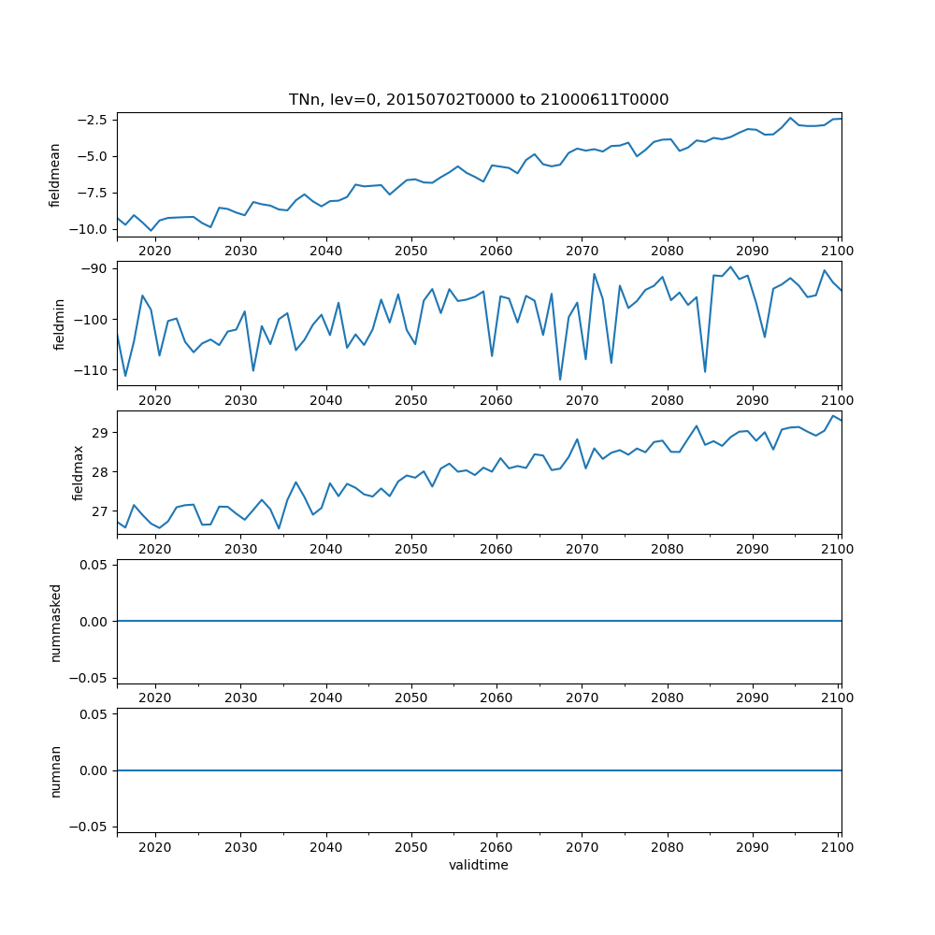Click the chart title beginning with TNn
pyautogui.click(x=479, y=100)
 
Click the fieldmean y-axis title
pyautogui.click(x=55, y=175)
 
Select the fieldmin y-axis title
pyautogui.click(x=59, y=324)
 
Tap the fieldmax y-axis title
pyautogui.click(x=79, y=472)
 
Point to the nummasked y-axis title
pyautogui.click(x=55, y=621)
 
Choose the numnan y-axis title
pyautogui.click(x=55, y=770)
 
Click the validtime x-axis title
pyautogui.click(x=479, y=865)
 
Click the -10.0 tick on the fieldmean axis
pyautogui.click(x=91, y=229)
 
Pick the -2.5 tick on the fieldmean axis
pyautogui.click(x=94, y=120)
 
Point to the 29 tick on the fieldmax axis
pyautogui.click(x=103, y=433)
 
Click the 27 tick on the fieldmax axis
pyautogui.click(x=103, y=511)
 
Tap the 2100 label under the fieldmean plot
pyautogui.click(x=838, y=251)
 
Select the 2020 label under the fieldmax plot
pyautogui.click(x=155, y=549)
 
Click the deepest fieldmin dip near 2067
pyautogui.click(x=560, y=380)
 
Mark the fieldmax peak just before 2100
pyautogui.click(x=832, y=416)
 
